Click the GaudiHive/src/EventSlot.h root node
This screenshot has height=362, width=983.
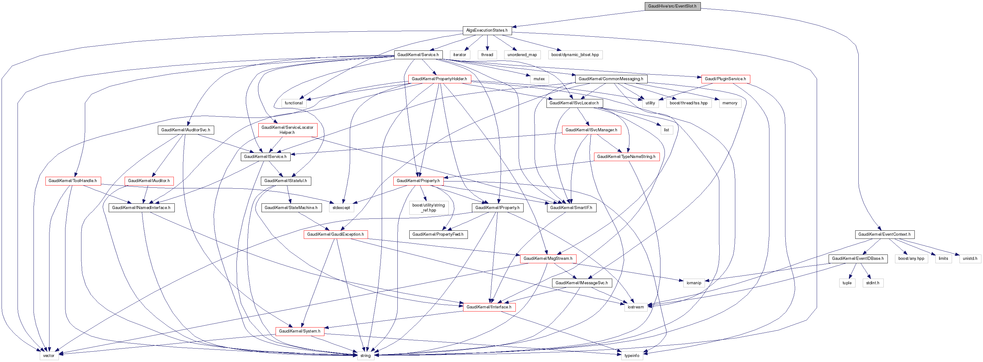point(672,6)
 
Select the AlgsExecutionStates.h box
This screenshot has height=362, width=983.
point(487,30)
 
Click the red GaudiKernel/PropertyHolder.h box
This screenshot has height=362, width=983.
point(439,79)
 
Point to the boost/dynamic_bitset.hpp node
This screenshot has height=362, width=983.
point(575,55)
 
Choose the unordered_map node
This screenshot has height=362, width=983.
point(522,55)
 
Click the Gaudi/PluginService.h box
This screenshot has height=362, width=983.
point(725,79)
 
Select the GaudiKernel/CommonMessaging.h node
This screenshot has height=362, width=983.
point(611,79)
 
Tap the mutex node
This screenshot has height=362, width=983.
point(539,79)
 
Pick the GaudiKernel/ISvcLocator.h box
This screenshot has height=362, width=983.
point(574,103)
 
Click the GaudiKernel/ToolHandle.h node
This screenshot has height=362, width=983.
point(73,181)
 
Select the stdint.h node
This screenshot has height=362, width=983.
point(873,283)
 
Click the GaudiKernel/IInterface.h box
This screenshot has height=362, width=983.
point(489,307)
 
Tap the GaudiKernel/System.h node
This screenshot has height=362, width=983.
point(300,331)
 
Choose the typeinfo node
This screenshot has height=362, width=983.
point(632,355)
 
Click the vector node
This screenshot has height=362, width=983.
point(49,355)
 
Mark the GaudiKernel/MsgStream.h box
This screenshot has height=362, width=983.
point(548,259)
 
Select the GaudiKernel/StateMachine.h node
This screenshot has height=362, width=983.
point(291,208)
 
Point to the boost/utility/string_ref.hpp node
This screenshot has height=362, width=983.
point(428,208)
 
